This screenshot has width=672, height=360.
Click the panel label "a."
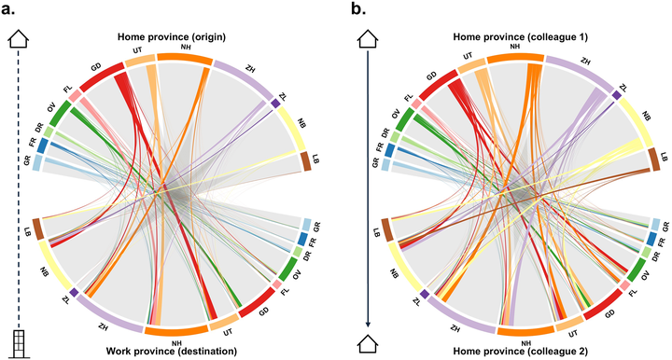(x=8, y=8)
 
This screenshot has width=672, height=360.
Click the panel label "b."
(x=357, y=8)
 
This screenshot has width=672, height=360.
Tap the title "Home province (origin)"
(x=172, y=36)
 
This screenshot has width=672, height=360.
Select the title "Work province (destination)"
(x=172, y=351)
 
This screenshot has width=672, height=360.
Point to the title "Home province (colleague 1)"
(x=520, y=36)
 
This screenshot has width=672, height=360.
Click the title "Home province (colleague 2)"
(x=520, y=351)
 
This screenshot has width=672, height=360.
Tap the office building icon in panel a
(x=19, y=344)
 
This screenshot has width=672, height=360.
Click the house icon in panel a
(x=19, y=38)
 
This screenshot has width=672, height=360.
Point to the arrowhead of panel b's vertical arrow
(x=368, y=324)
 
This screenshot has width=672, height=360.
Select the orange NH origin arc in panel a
(x=184, y=58)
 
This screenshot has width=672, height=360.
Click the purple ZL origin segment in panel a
(x=276, y=104)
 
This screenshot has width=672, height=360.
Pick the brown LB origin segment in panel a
(x=306, y=161)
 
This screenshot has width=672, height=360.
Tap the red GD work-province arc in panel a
(x=258, y=302)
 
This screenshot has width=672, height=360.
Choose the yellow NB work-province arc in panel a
(x=55, y=266)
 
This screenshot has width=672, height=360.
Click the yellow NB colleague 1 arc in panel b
(x=637, y=122)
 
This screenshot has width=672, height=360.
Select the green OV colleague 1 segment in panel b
(x=404, y=119)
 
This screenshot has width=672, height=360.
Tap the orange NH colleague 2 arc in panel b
(x=525, y=330)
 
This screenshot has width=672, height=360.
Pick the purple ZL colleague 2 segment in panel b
(x=425, y=294)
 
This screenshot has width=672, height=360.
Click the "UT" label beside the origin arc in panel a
(x=137, y=50)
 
